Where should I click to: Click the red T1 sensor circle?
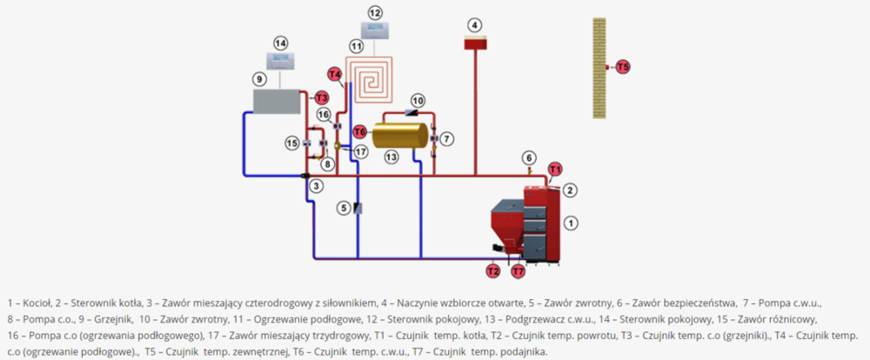[x=554, y=169]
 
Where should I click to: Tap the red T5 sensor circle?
[x=623, y=66]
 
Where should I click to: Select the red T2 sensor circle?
[x=493, y=271]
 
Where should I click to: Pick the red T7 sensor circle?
[x=519, y=271]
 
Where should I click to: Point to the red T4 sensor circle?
[x=335, y=75]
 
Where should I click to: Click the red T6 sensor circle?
[x=359, y=131]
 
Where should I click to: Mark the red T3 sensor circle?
[x=321, y=97]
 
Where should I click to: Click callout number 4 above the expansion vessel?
[x=474, y=24]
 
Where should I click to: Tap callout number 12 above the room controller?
[x=375, y=13]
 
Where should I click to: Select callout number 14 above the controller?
[x=279, y=43]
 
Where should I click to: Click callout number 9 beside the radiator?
[x=258, y=79]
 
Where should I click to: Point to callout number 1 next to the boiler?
[x=571, y=223]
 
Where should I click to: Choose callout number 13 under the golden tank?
[x=391, y=157]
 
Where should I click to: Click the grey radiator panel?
[x=276, y=101]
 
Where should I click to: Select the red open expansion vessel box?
[x=475, y=43]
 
